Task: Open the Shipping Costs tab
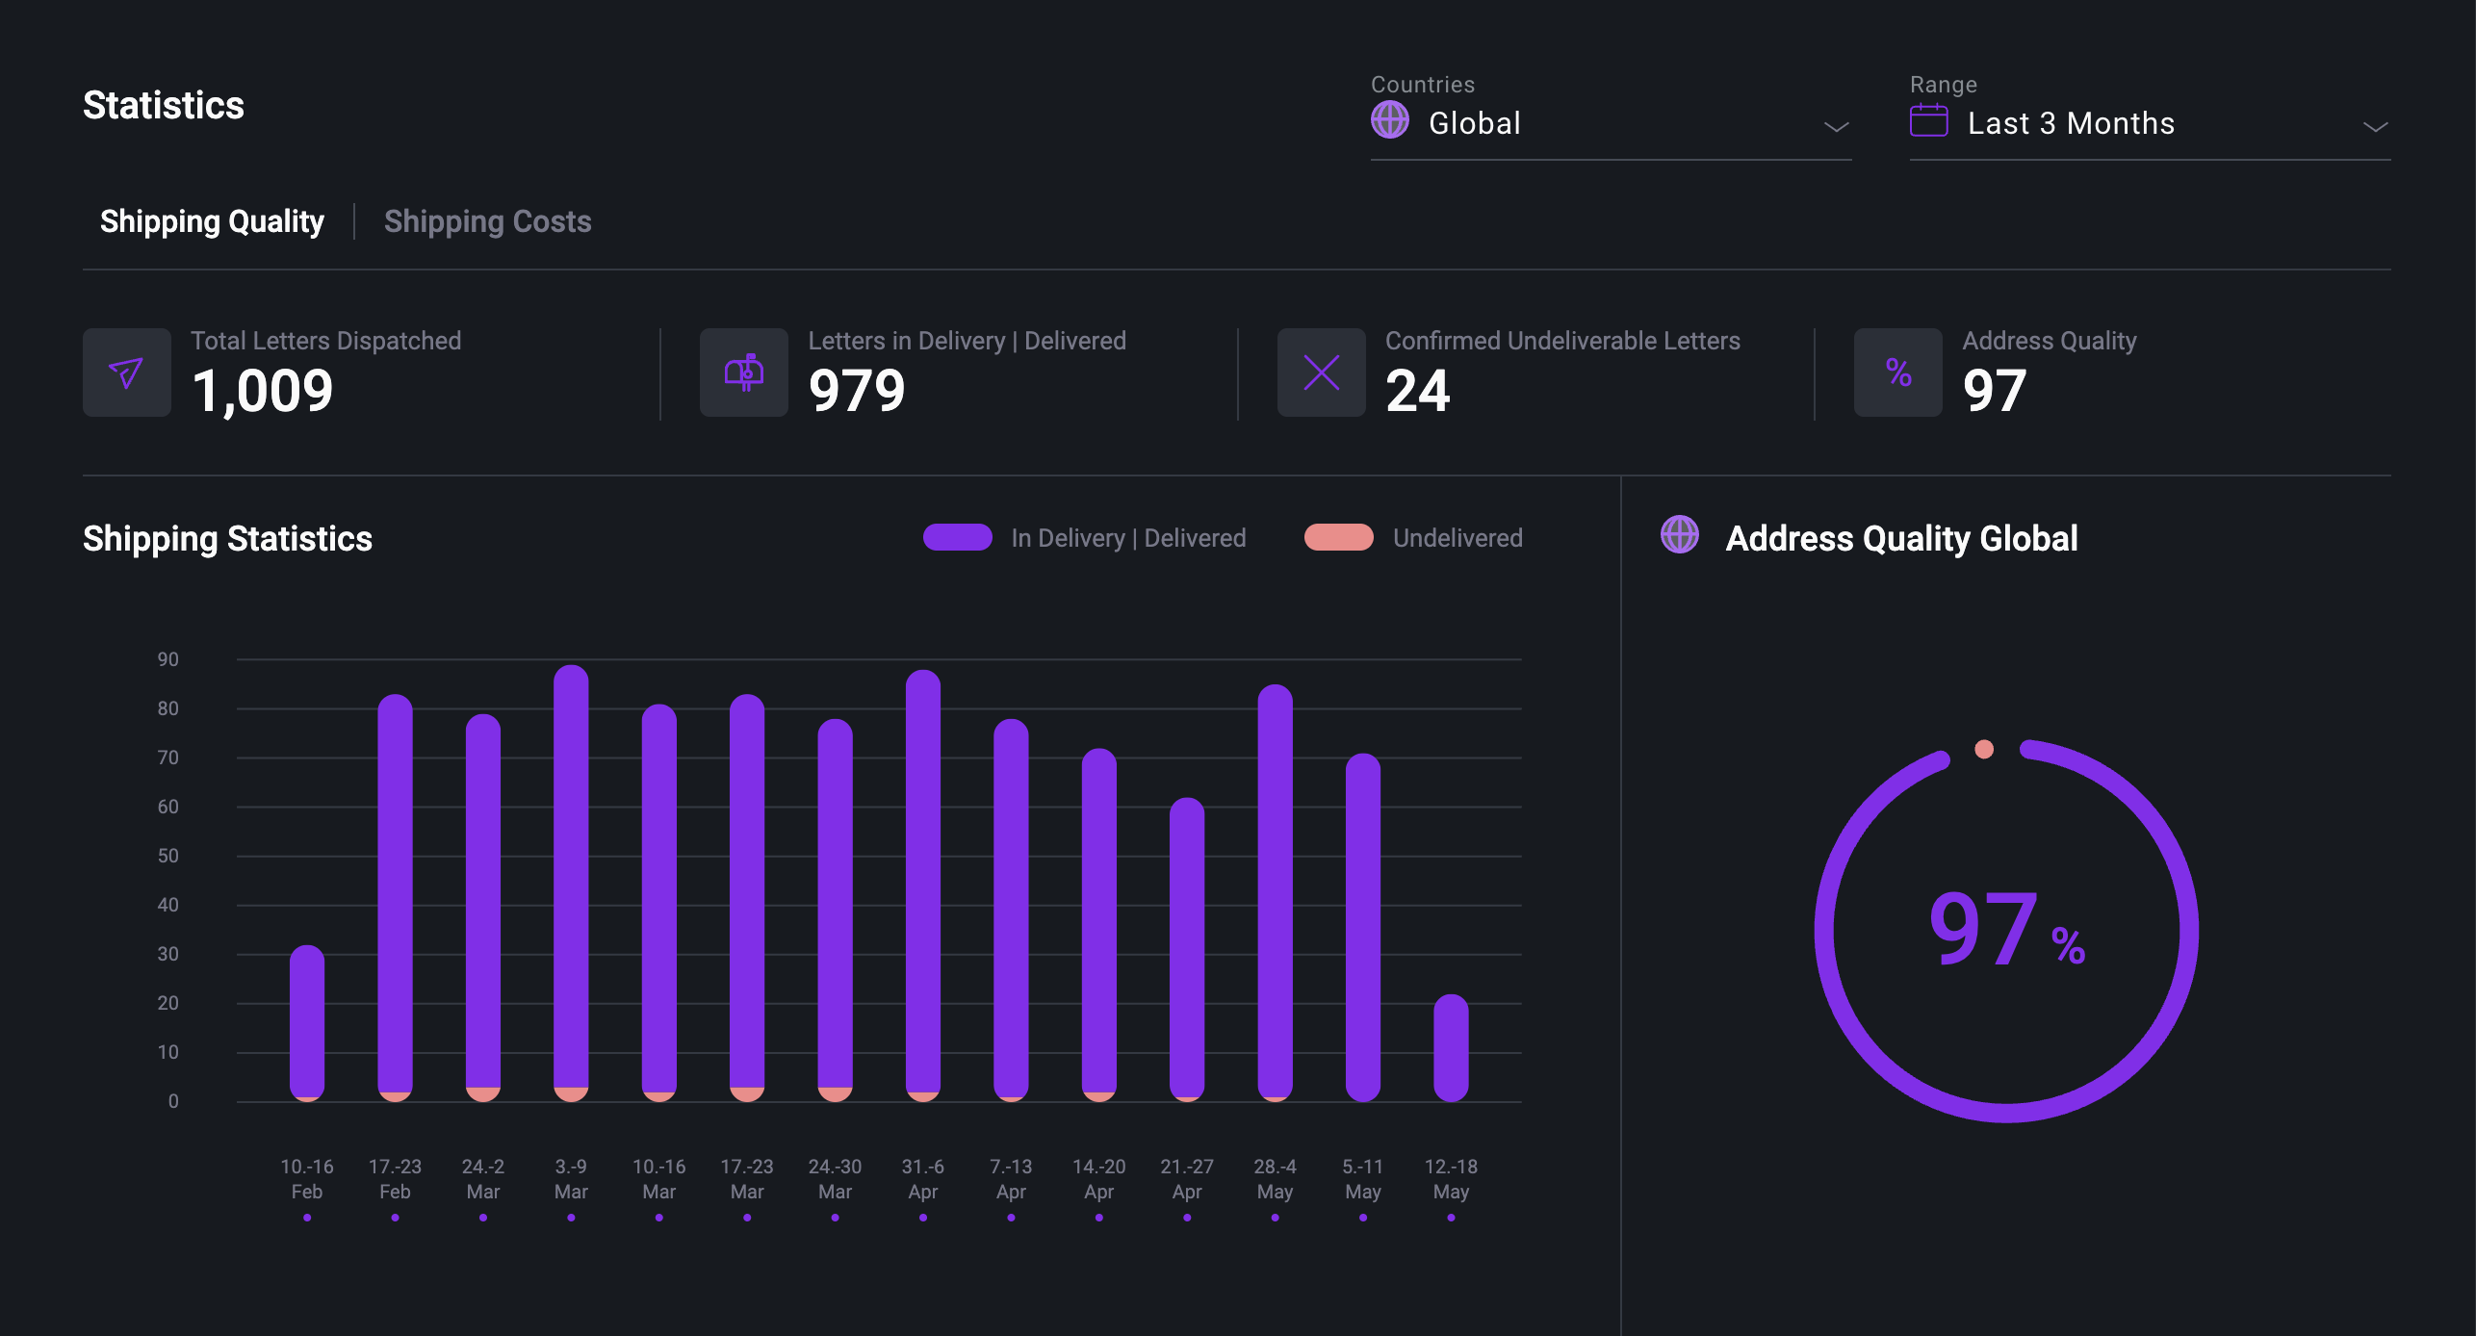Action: tap(487, 221)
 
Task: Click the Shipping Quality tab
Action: tap(212, 221)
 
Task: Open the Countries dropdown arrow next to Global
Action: tap(1836, 126)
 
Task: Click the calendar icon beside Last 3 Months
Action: tap(1928, 121)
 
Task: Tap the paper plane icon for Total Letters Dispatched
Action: tap(126, 373)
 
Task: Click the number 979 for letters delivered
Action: tap(857, 391)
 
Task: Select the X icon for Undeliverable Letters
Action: tap(1321, 373)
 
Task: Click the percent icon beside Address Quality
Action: tap(1897, 373)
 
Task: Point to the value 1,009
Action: tap(262, 391)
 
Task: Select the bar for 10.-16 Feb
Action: tap(307, 1022)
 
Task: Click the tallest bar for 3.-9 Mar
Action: tap(571, 881)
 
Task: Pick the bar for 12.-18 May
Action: tap(1451, 1047)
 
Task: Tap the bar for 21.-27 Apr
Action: tap(1187, 948)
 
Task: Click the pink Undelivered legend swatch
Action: tap(1338, 537)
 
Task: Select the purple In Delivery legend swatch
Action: tap(957, 537)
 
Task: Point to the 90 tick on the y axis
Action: tap(168, 659)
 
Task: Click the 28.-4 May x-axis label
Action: tap(1275, 1178)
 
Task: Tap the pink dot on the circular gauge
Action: tap(1984, 749)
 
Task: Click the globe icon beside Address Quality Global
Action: tap(1680, 535)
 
